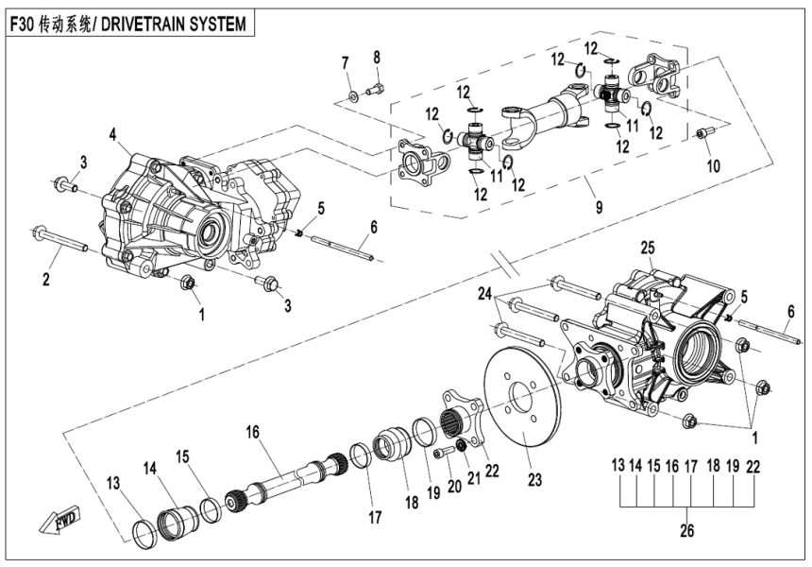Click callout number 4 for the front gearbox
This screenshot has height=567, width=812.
[113, 135]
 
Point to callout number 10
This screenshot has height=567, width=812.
[712, 165]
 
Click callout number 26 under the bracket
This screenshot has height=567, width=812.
[686, 532]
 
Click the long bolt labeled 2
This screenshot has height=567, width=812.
[62, 240]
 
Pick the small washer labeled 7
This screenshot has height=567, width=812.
[351, 94]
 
